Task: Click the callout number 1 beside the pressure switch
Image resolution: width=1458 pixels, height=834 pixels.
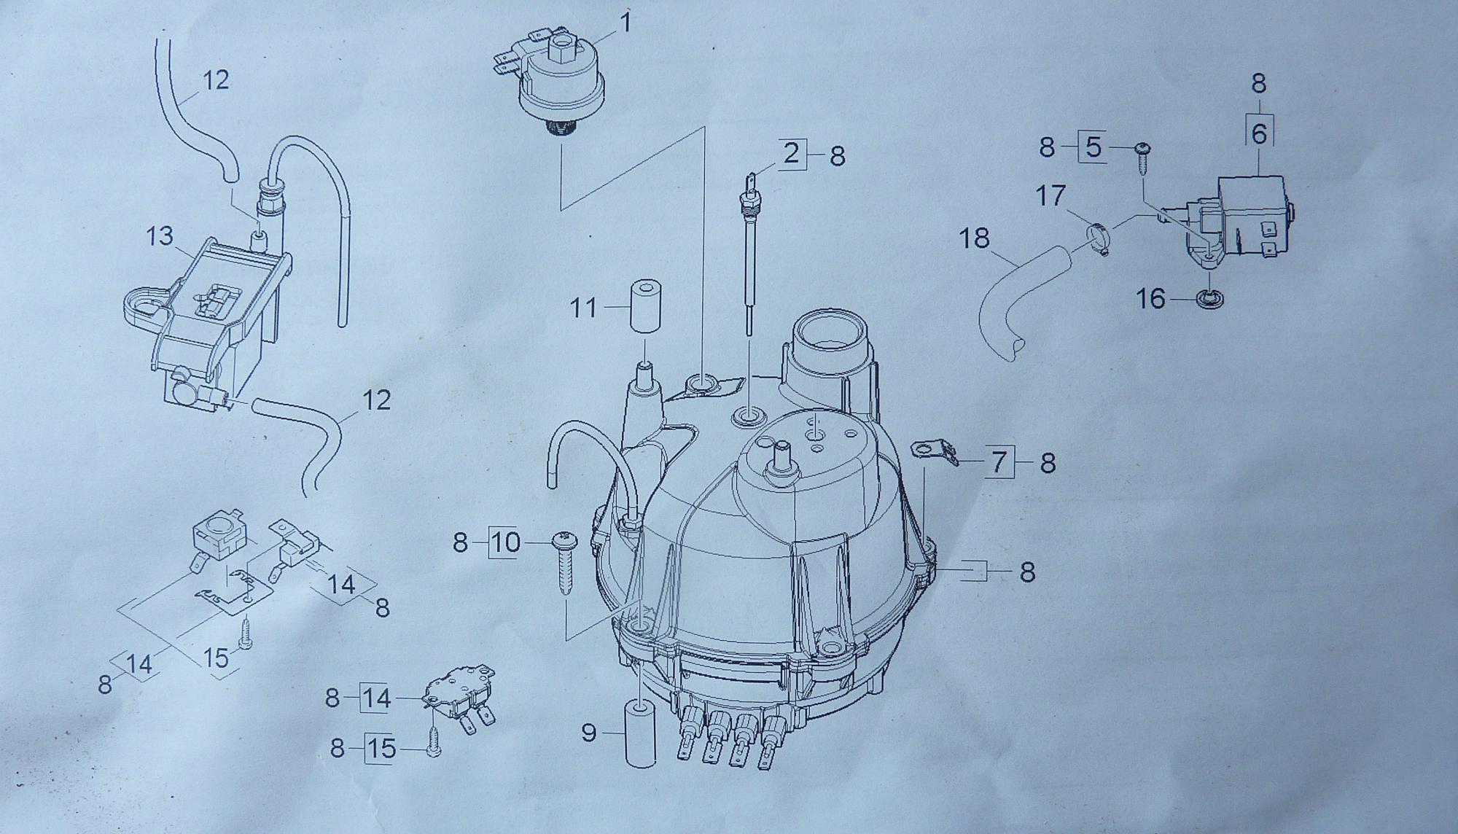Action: (625, 24)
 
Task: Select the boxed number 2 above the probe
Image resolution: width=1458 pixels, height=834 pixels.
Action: (792, 154)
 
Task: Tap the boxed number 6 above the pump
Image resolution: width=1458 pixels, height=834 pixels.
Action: (1259, 134)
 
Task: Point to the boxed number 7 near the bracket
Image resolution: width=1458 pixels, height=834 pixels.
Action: (999, 461)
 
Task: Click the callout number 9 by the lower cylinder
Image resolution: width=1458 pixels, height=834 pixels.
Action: (589, 732)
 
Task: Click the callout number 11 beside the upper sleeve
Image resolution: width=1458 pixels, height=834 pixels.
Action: (583, 308)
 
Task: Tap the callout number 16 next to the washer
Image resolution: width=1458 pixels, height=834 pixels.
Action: (1153, 299)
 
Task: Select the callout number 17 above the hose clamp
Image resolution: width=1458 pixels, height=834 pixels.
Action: (1051, 195)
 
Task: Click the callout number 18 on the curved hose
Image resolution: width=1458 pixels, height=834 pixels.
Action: (975, 238)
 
